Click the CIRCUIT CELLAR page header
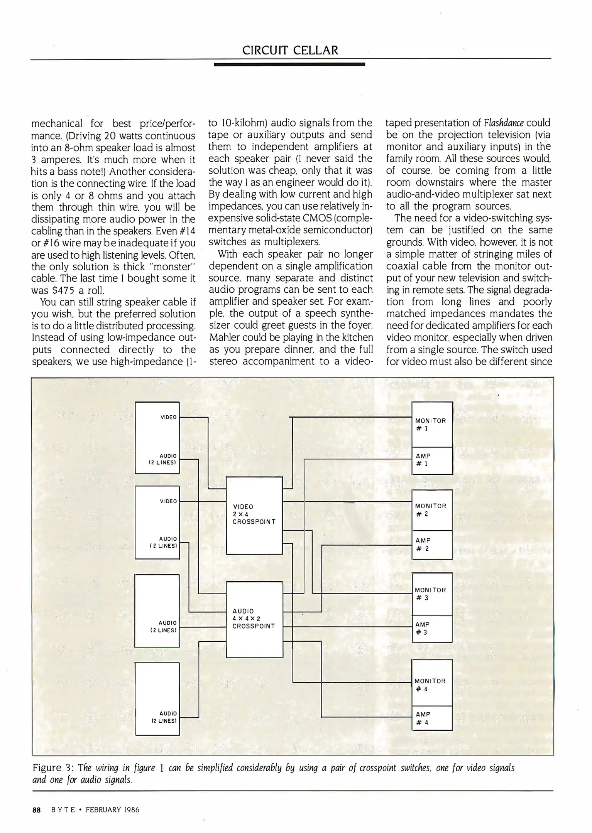tap(290, 50)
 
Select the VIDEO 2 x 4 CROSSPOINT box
tap(254, 515)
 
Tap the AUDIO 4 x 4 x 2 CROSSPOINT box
tap(254, 619)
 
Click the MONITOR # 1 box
tap(432, 424)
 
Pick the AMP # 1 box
tap(432, 460)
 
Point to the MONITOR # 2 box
tap(432, 510)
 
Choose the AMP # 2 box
tap(432, 545)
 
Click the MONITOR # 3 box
tap(432, 594)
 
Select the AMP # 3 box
tap(432, 629)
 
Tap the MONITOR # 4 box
tap(432, 685)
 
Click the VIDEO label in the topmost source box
tap(168, 417)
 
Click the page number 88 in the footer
tap(37, 810)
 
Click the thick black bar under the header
tap(289, 64)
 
